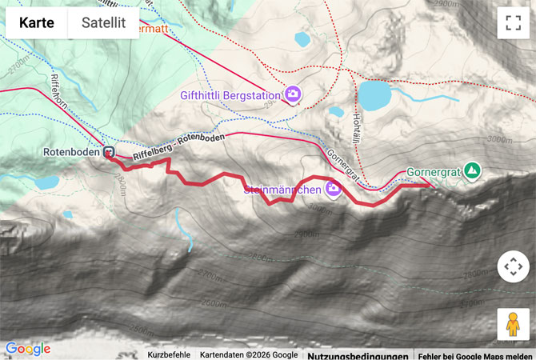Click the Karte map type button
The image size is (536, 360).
click(37, 23)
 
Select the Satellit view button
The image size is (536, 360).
click(104, 23)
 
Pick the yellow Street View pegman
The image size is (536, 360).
click(512, 324)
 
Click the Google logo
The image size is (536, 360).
click(27, 349)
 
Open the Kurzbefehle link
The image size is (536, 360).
click(169, 354)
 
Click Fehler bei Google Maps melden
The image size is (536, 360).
click(475, 354)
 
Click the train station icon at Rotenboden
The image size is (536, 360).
click(108, 152)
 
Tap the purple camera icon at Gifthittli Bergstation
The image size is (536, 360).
click(293, 94)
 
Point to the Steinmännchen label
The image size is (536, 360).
click(282, 190)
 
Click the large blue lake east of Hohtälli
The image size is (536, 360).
click(374, 95)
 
